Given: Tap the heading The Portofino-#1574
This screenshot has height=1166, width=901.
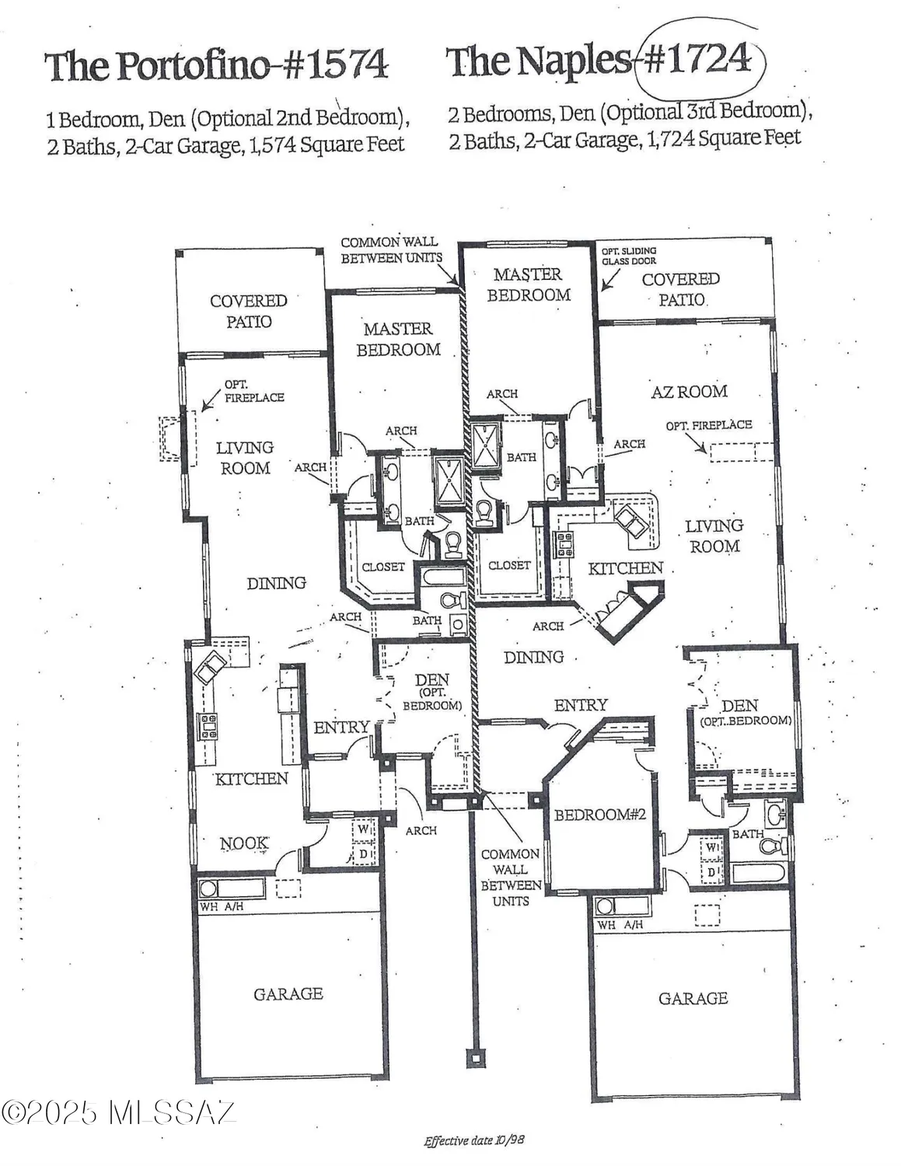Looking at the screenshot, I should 215,65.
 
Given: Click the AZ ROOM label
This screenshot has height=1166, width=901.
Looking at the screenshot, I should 689,392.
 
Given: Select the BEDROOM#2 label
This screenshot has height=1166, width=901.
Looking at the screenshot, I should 599,815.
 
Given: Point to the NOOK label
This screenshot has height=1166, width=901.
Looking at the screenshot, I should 244,843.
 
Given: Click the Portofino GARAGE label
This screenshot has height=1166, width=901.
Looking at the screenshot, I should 288,993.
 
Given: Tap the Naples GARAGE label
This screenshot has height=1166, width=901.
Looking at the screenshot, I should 693,998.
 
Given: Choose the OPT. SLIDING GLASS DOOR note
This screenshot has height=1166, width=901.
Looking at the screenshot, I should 628,256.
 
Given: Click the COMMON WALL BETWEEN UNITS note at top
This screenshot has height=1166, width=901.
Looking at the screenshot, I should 390,250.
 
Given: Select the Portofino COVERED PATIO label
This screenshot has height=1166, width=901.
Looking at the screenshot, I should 249,311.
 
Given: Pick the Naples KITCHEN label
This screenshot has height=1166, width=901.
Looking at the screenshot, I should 625,568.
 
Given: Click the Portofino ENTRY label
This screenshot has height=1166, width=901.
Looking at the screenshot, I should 341,728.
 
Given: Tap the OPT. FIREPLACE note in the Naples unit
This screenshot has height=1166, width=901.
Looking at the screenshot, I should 708,425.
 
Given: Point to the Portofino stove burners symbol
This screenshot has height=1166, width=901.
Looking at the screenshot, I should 209,725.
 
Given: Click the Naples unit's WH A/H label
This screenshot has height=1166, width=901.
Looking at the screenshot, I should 620,925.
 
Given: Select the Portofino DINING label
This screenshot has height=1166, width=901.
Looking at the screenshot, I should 276,583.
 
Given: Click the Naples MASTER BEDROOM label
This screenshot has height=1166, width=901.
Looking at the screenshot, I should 529,285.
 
